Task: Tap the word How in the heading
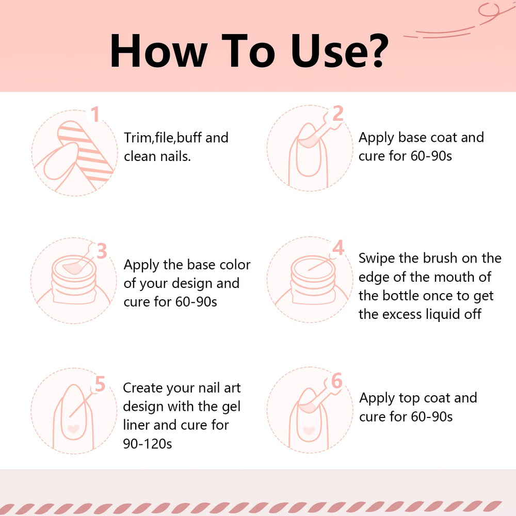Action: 158,51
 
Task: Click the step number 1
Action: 95,114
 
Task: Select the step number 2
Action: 338,114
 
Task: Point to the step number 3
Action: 102,251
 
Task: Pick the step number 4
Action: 338,248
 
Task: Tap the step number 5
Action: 100,384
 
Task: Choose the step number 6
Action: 336,381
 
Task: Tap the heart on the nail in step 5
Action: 73,428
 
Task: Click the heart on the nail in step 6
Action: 309,430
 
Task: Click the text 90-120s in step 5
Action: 148,444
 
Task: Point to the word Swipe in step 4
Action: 377,259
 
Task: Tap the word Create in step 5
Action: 142,388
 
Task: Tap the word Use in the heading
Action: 325,51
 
